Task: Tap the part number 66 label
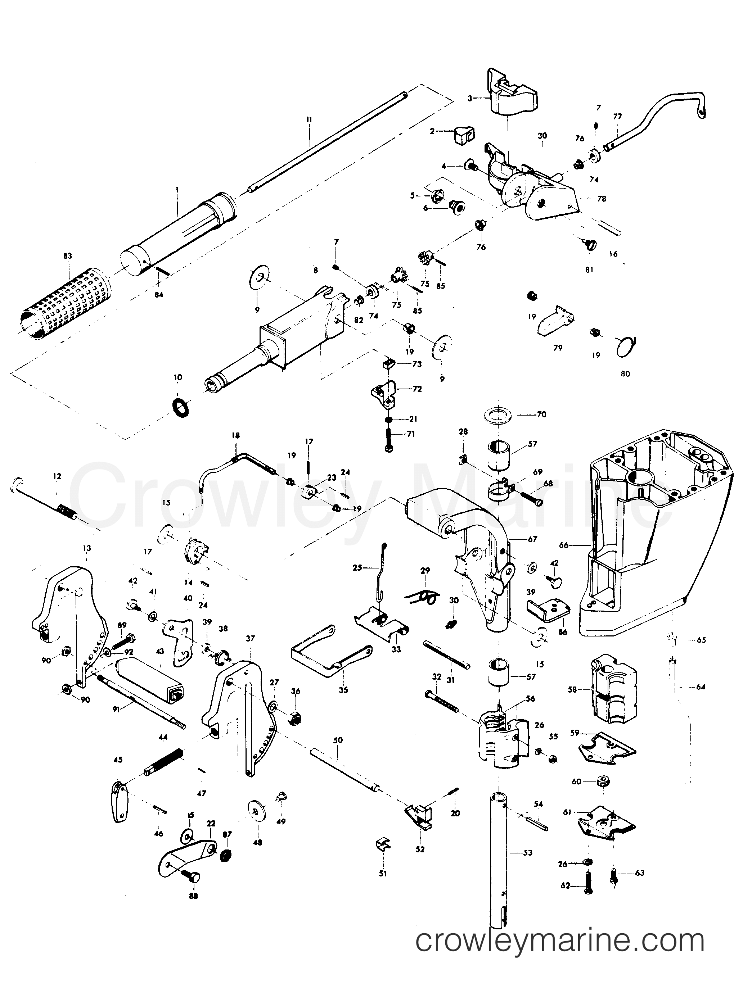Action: click(564, 545)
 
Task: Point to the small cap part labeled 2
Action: click(464, 135)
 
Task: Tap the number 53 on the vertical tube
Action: click(528, 853)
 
